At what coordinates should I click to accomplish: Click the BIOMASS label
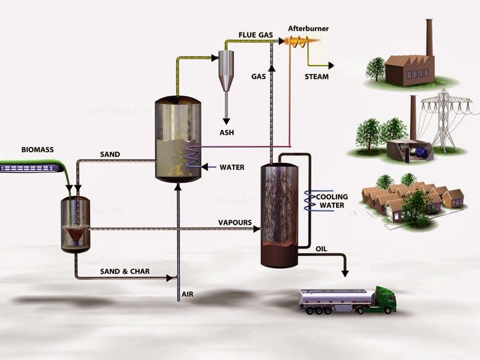tap(38, 149)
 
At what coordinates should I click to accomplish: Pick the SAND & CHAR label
tap(123, 272)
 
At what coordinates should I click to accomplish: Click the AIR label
tap(188, 295)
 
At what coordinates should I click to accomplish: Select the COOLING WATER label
tap(331, 201)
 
